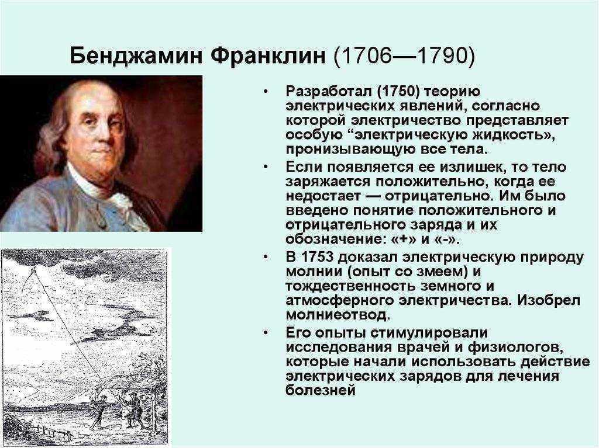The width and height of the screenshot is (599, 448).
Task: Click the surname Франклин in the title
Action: (x=268, y=55)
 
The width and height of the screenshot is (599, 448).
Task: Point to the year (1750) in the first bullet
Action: (x=398, y=92)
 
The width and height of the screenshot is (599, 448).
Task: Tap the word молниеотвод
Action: (x=338, y=315)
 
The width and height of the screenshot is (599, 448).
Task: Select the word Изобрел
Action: (x=549, y=300)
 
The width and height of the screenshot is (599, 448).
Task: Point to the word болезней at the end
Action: (x=321, y=390)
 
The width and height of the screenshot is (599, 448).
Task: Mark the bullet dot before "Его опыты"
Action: (x=266, y=332)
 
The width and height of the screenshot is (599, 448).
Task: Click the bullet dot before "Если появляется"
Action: (x=266, y=167)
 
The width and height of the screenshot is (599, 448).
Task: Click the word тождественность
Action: (x=351, y=286)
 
